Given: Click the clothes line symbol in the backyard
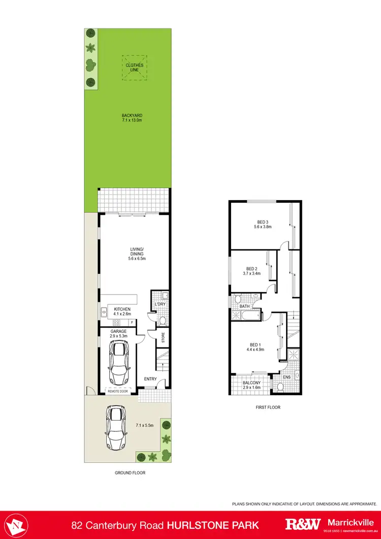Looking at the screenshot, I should (x=135, y=68).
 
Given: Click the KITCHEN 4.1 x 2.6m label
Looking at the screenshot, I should (x=122, y=311).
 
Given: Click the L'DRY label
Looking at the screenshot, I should (x=160, y=304).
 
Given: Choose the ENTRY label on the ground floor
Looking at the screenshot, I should (x=151, y=378).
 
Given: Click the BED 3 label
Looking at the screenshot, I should (x=263, y=224).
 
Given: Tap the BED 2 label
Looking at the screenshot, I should (x=252, y=271).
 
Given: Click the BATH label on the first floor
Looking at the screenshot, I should (x=244, y=306).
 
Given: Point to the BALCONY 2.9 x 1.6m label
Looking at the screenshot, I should (x=251, y=385).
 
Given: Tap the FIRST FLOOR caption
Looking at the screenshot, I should (x=268, y=407).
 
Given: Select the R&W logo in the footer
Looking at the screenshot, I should (x=303, y=524).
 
